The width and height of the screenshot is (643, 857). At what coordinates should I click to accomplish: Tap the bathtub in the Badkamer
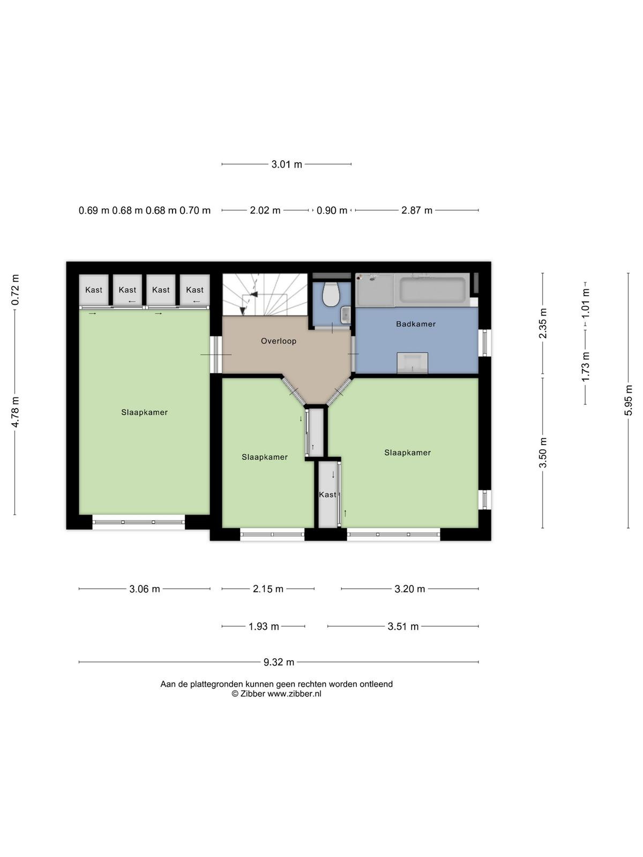coord(432,289)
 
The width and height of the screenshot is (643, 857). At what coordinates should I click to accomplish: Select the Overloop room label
coord(278,341)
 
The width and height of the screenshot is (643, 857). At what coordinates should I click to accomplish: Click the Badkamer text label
coord(416,324)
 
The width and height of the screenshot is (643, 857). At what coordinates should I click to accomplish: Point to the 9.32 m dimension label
coord(279,662)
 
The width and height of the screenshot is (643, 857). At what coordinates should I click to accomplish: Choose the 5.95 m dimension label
coord(629,400)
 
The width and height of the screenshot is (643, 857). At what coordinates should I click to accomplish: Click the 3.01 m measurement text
coord(287,164)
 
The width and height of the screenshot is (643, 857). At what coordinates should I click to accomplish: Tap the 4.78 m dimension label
coord(15,412)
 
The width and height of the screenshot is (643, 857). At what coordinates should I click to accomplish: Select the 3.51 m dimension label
coord(403,626)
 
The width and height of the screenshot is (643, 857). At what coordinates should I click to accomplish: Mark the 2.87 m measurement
coord(417,211)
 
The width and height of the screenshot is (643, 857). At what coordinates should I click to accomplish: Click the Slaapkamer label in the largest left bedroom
coord(145,412)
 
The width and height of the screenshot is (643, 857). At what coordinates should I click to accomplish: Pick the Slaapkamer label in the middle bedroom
coord(265,457)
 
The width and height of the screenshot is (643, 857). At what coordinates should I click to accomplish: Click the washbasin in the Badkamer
coord(412,363)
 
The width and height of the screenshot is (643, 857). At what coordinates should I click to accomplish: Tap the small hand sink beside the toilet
coord(346,315)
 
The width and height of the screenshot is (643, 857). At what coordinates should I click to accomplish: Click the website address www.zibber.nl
coord(294,694)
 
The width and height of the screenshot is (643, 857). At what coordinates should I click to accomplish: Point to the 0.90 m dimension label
coord(332,211)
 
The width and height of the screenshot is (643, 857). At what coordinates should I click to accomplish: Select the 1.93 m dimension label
coord(264,626)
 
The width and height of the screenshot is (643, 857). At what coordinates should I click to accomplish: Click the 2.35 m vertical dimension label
coord(543,324)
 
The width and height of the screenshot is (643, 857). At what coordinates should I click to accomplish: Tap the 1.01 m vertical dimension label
coord(585,303)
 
